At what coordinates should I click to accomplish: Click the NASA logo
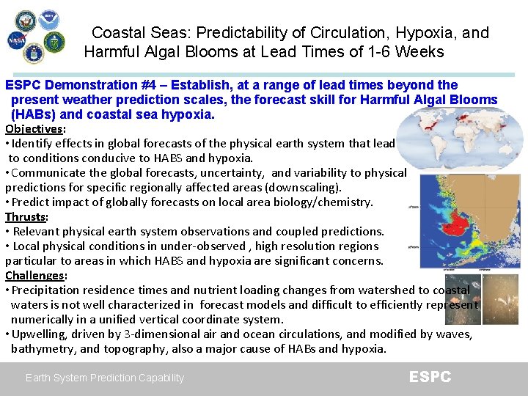click(x=16, y=41)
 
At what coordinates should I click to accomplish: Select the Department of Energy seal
click(x=54, y=42)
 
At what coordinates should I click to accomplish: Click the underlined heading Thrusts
click(x=26, y=217)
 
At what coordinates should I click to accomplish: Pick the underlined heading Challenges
click(x=34, y=276)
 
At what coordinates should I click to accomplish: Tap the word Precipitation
click(x=48, y=290)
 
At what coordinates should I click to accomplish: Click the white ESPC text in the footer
click(x=430, y=377)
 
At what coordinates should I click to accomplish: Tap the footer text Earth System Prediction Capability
click(x=105, y=378)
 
